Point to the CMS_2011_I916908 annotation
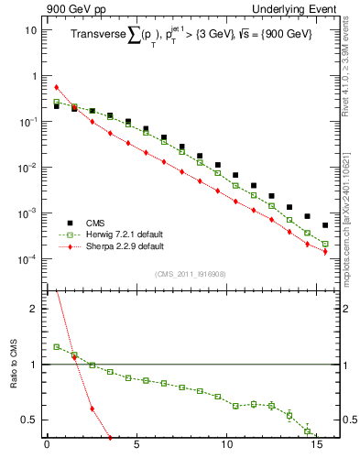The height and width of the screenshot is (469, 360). pyautogui.click(x=191, y=274)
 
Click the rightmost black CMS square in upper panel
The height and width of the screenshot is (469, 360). pyautogui.click(x=325, y=225)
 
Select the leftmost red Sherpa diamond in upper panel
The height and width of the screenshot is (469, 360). pyautogui.click(x=56, y=87)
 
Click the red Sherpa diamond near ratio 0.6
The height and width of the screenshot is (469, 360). pyautogui.click(x=92, y=409)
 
